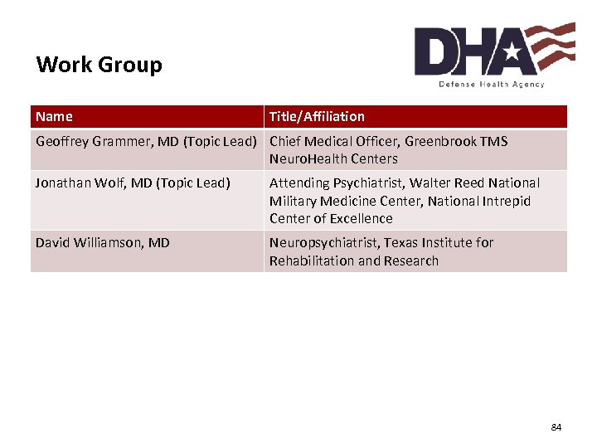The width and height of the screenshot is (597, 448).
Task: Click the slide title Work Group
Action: click(99, 65)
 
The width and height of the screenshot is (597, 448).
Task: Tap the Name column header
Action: click(54, 117)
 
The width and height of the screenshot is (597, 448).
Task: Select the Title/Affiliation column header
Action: click(317, 117)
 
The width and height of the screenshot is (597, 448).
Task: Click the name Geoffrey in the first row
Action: click(63, 141)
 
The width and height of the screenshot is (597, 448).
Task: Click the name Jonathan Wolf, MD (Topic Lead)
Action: click(133, 183)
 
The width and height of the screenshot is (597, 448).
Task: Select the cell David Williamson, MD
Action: click(102, 242)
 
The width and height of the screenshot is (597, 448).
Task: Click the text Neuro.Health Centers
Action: click(333, 158)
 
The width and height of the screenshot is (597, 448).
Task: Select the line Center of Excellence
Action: click(331, 218)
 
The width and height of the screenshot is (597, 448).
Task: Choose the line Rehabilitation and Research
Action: click(353, 261)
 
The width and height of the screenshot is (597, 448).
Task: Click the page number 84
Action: click(556, 427)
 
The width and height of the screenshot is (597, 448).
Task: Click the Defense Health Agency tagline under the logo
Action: click(492, 84)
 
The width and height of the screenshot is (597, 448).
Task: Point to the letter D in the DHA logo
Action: click(437, 51)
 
